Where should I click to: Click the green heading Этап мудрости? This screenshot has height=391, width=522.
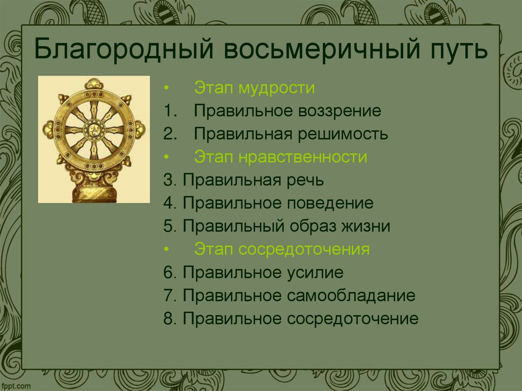(254, 88)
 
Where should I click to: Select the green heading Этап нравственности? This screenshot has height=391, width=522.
(280, 157)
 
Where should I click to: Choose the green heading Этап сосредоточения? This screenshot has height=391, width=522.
(282, 249)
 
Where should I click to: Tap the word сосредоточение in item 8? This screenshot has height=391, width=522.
(352, 319)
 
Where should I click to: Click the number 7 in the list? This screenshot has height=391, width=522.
(168, 295)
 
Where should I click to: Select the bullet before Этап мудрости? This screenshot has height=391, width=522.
(166, 88)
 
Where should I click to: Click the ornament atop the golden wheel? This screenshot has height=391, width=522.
(94, 84)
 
